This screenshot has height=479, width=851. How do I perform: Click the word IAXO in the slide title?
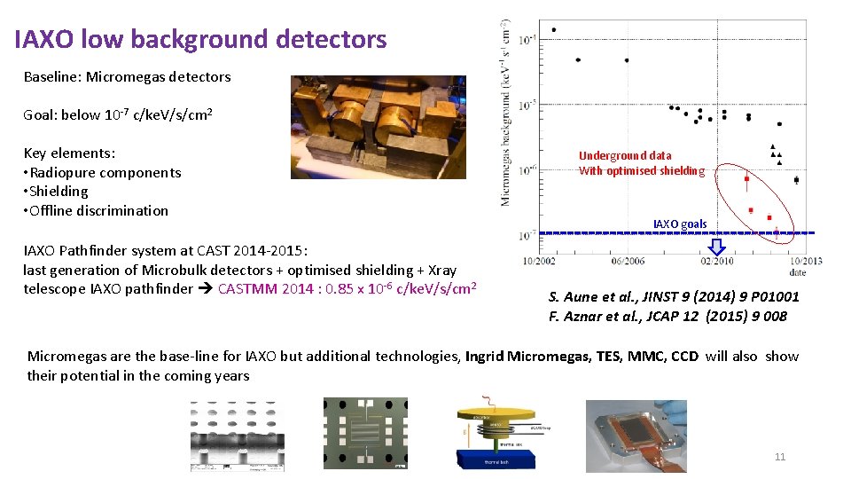tap(44, 39)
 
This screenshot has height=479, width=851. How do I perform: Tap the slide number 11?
tap(780, 457)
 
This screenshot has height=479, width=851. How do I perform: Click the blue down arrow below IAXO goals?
tap(717, 246)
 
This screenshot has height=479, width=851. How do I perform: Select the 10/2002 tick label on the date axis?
tap(540, 260)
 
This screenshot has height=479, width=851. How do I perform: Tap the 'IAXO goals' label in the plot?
tap(680, 224)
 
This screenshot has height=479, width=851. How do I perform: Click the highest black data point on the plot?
tap(554, 30)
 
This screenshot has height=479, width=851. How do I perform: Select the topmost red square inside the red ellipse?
tap(746, 179)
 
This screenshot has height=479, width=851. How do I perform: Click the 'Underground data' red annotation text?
tap(625, 155)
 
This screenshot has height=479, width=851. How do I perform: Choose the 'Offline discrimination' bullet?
tap(98, 210)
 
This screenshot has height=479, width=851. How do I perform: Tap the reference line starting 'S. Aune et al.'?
tap(674, 296)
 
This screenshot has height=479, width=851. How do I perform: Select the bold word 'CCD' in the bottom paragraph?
tap(683, 357)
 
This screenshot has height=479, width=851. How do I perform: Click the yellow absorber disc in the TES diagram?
tap(502, 418)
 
